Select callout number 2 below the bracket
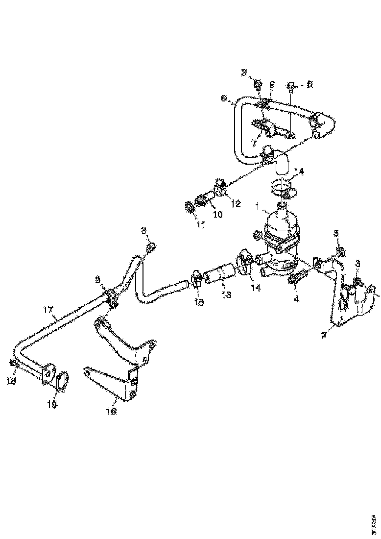coord(324,335)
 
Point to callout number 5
coord(336,233)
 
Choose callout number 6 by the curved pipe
coord(224,98)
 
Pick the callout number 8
coord(309,85)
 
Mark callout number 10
coord(217,214)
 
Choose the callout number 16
coord(112,412)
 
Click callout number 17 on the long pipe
coord(48,310)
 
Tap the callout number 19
coord(52,404)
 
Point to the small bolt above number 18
coord(14,364)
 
